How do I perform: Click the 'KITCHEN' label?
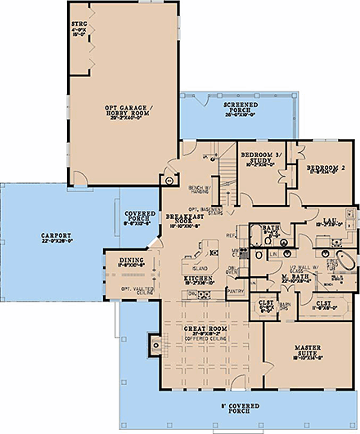coord(197,279)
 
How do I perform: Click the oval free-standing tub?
coord(347,262)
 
